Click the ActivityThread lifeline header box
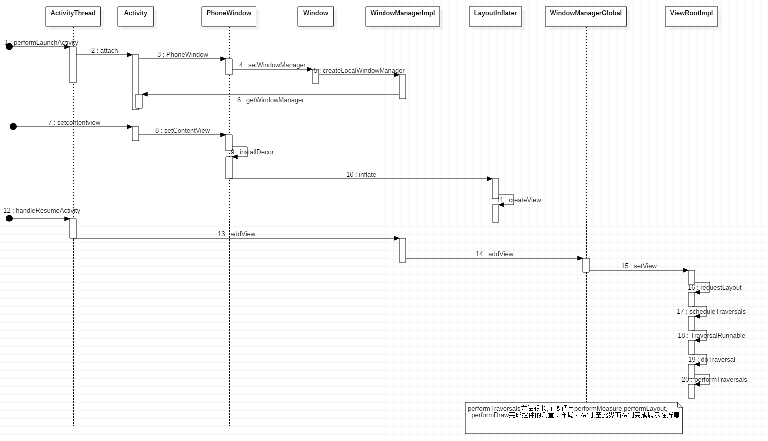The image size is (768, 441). [x=73, y=16]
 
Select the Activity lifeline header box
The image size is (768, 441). [x=136, y=16]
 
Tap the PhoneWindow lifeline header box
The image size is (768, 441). [x=229, y=16]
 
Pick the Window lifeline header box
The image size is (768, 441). [x=315, y=16]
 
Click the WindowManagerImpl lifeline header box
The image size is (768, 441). [x=402, y=16]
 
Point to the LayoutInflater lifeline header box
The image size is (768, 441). [x=495, y=16]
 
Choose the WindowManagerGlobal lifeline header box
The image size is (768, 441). [x=586, y=16]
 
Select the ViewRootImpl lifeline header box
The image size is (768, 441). [x=691, y=16]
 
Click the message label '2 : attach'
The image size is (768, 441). [x=105, y=51]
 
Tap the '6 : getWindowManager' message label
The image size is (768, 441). [x=270, y=100]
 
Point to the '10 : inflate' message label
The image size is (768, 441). [x=361, y=175]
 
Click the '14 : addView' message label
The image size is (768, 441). [x=494, y=254]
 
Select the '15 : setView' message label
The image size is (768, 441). [x=639, y=266]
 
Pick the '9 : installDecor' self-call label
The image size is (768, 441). [x=252, y=152]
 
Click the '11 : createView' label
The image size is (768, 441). [x=519, y=200]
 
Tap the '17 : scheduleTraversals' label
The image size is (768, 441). [x=711, y=312]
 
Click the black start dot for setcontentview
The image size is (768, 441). [x=13, y=127]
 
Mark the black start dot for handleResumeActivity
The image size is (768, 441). [x=9, y=219]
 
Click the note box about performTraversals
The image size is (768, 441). [x=573, y=418]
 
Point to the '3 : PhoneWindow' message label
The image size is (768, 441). [x=183, y=55]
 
